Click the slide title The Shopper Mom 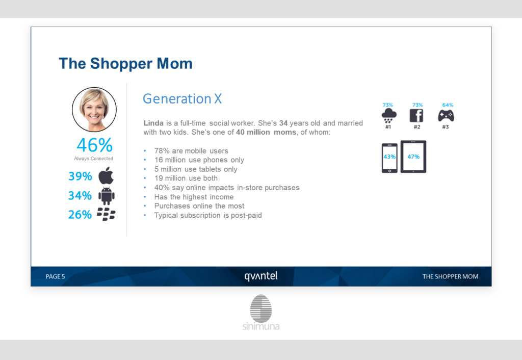[125, 64]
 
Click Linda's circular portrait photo [94, 110]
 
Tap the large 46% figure [94, 145]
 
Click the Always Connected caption [94, 159]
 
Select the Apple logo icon [106, 175]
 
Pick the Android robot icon [107, 196]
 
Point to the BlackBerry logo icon [106, 214]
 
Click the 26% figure [80, 215]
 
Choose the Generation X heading [182, 98]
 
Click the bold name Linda [153, 123]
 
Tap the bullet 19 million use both [186, 178]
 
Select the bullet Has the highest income [194, 197]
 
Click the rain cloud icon [389, 116]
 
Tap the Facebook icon [416, 116]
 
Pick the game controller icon [446, 116]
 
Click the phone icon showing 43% [389, 158]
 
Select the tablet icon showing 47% [413, 157]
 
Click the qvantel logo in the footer [261, 276]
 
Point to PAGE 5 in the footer [55, 276]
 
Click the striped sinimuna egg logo [261, 308]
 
